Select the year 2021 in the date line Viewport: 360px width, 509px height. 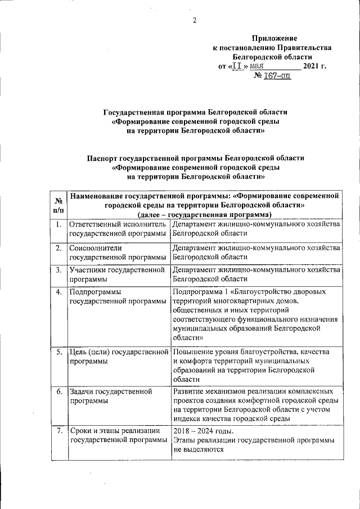[x=310, y=66]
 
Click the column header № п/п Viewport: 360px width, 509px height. [x=58, y=205]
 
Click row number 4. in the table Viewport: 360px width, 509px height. [x=58, y=291]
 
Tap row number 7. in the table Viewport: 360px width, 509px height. [x=58, y=431]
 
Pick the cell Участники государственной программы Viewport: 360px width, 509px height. [x=119, y=274]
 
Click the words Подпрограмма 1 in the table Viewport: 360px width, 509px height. [x=200, y=292]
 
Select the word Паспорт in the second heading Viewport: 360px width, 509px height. [x=103, y=158]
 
